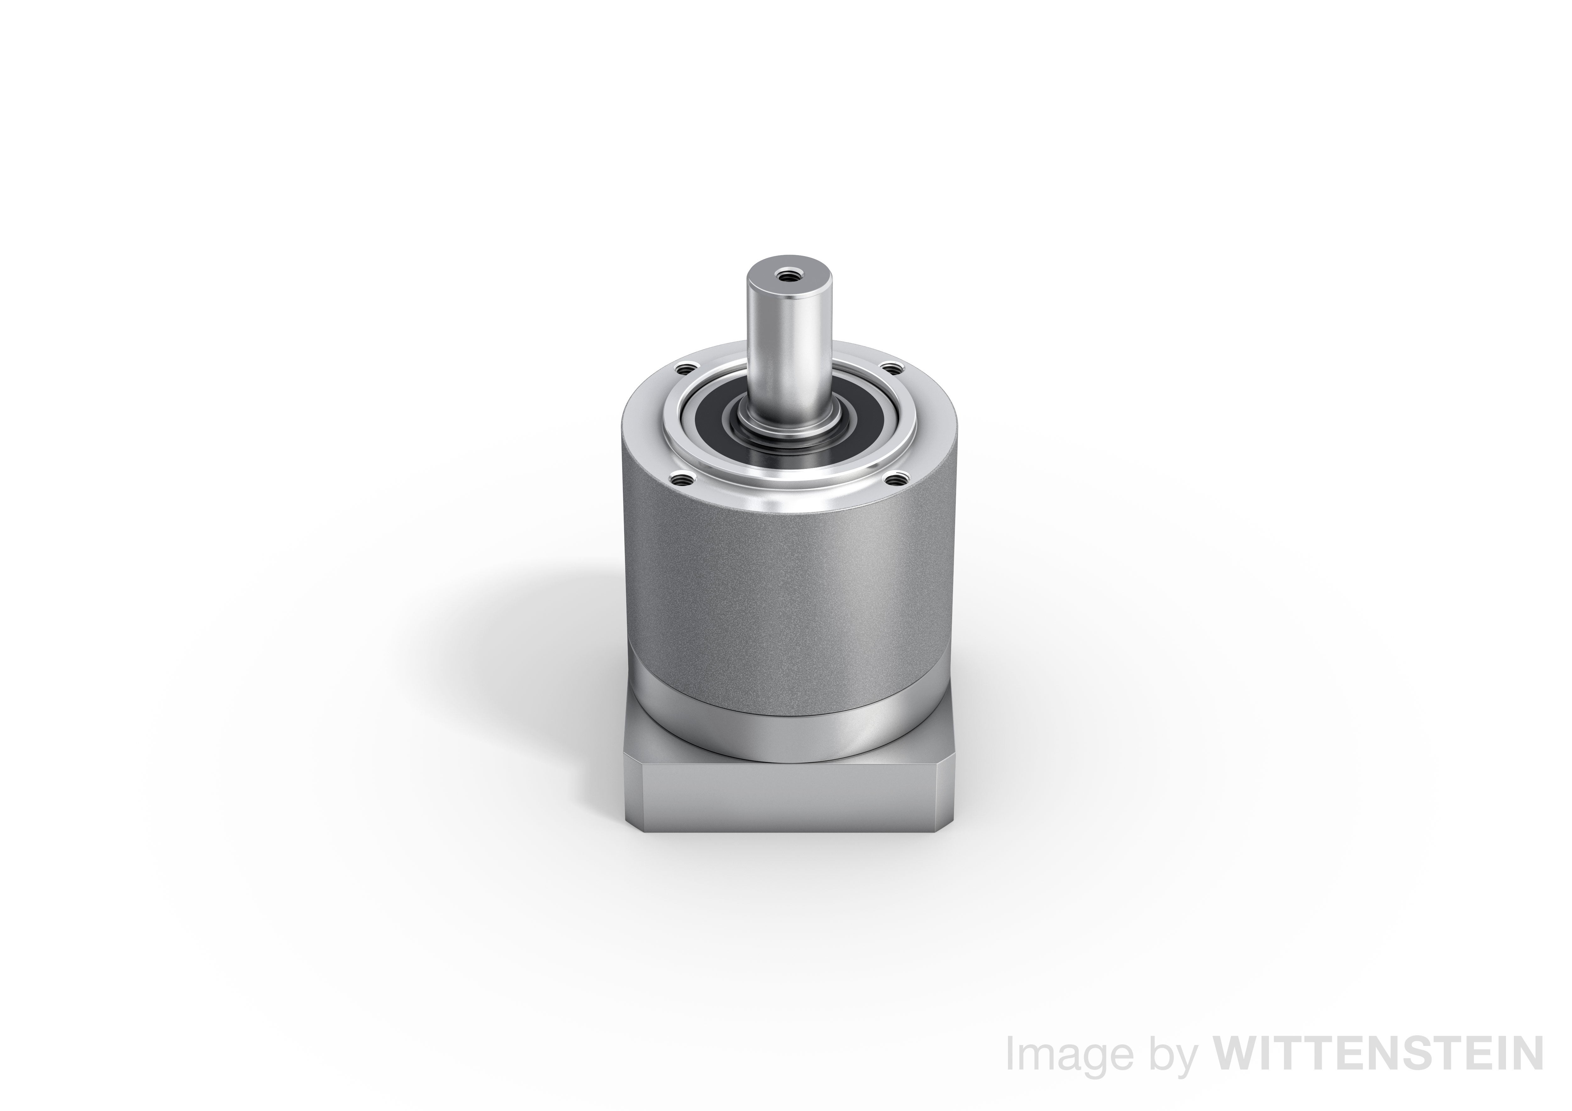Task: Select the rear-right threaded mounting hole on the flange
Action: click(x=891, y=370)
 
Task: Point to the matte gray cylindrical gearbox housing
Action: click(x=787, y=589)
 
